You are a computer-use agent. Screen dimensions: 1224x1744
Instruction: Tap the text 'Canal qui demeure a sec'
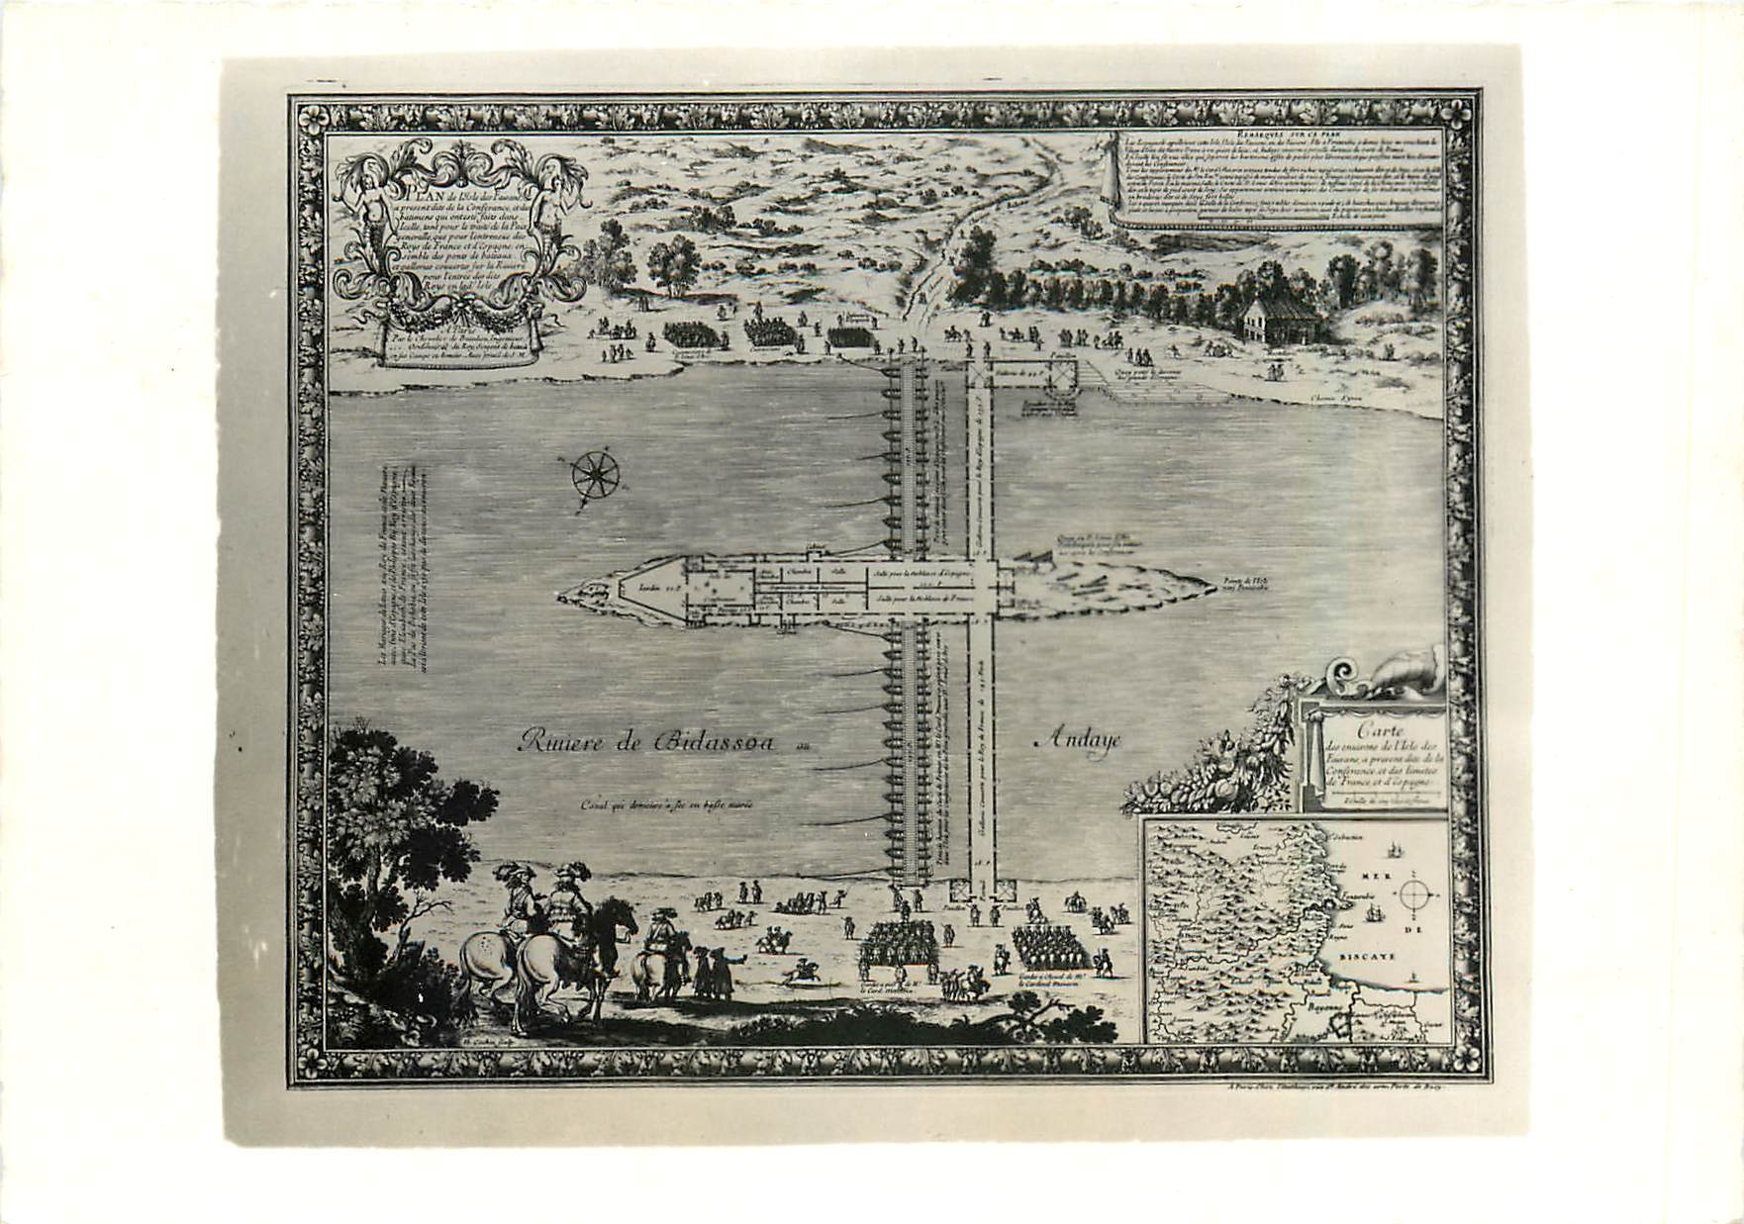pos(668,803)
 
